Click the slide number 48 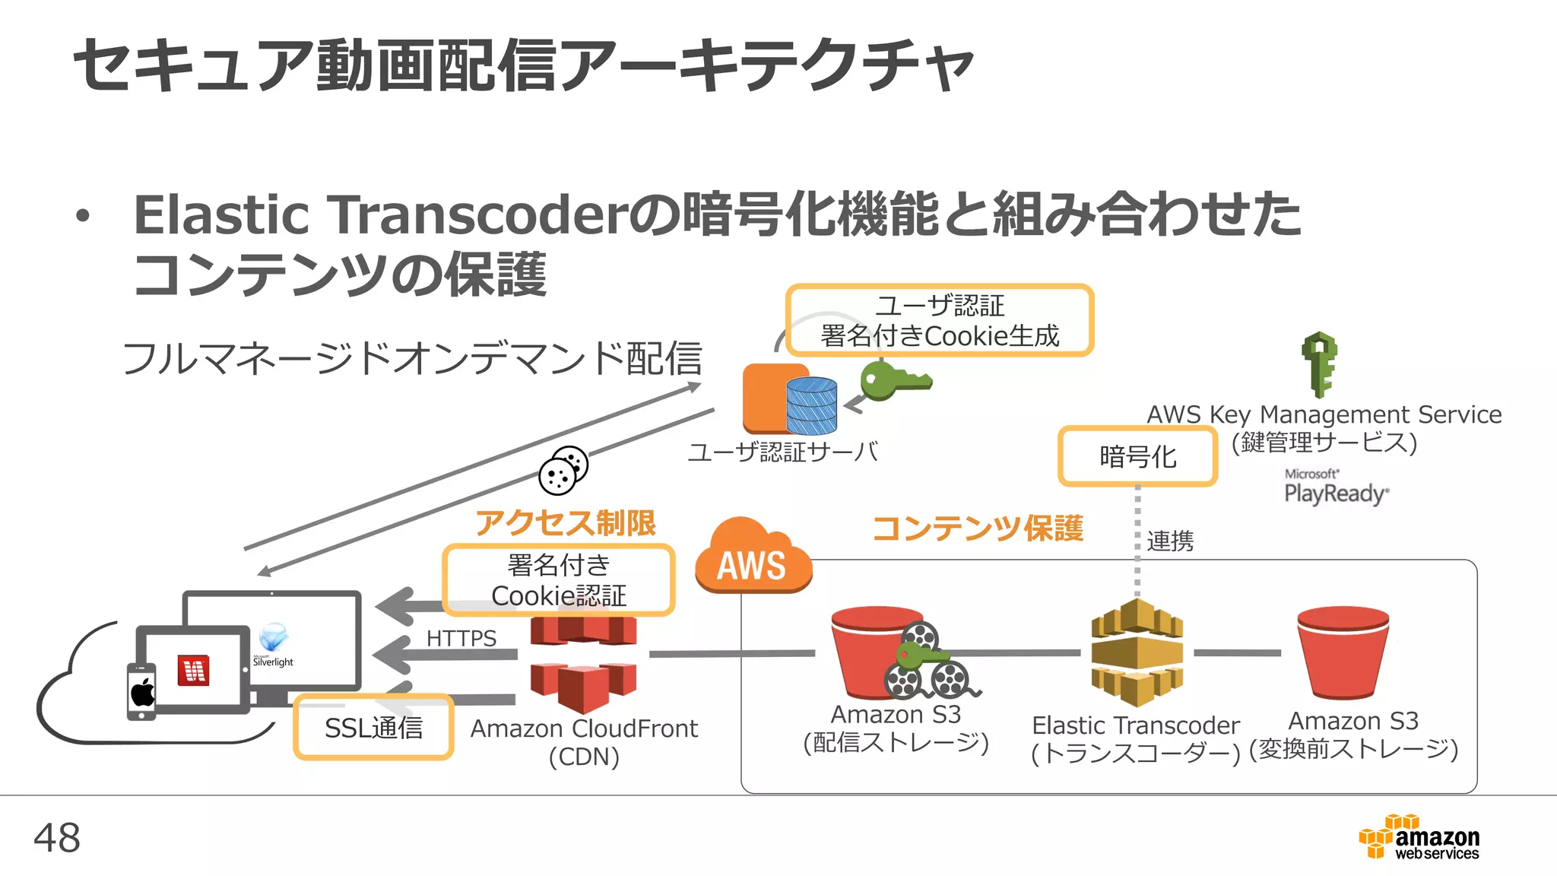pyautogui.click(x=57, y=837)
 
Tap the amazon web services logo pyautogui.click(x=1419, y=837)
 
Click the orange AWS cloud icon pyautogui.click(x=752, y=559)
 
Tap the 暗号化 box pyautogui.click(x=1137, y=456)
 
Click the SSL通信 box pyautogui.click(x=373, y=728)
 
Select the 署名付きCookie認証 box pyautogui.click(x=559, y=580)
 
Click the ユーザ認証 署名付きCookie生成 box pyautogui.click(x=940, y=320)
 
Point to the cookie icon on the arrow pyautogui.click(x=563, y=470)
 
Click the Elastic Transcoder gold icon pyautogui.click(x=1137, y=652)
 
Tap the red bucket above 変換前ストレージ pyautogui.click(x=1343, y=652)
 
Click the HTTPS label pyautogui.click(x=461, y=638)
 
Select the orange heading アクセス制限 pyautogui.click(x=565, y=522)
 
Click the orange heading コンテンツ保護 pyautogui.click(x=978, y=528)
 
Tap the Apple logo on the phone pyautogui.click(x=142, y=693)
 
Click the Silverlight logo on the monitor pyautogui.click(x=273, y=644)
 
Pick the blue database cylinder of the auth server pyautogui.click(x=811, y=405)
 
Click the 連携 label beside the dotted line pyautogui.click(x=1170, y=541)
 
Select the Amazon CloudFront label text pyautogui.click(x=583, y=728)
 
